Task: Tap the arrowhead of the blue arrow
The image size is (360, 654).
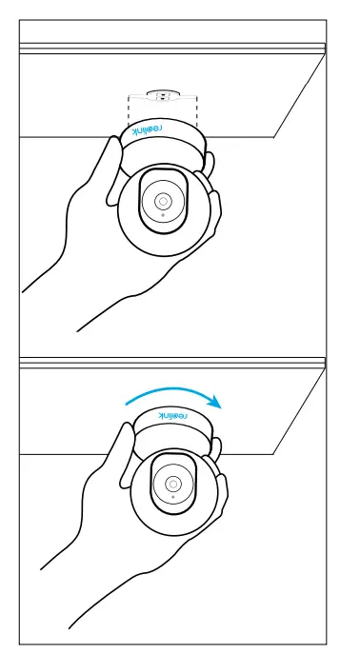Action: (216, 402)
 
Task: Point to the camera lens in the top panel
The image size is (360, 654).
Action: (163, 201)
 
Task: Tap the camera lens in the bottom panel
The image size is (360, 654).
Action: (172, 484)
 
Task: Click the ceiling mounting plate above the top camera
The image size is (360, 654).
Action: (162, 96)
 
